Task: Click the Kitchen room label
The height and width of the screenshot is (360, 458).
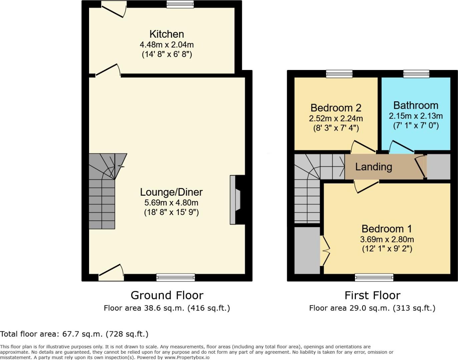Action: [166, 34]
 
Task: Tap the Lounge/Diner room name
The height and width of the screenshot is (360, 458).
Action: [171, 192]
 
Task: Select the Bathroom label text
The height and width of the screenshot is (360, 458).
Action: [416, 105]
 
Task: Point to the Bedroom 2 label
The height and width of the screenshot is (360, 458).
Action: [336, 108]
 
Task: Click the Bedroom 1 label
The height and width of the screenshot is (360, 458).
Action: [387, 229]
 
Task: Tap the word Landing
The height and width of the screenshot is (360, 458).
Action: [373, 167]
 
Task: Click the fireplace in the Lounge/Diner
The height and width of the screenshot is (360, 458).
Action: [236, 200]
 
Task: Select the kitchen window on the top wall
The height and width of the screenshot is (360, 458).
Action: [180, 4]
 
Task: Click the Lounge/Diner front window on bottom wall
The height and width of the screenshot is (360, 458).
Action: [175, 277]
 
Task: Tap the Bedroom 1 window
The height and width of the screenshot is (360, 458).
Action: [374, 277]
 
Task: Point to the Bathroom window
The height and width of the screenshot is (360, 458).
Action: [416, 74]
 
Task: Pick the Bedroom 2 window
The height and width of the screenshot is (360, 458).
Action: [339, 74]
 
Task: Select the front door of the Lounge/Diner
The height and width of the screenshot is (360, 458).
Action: [111, 272]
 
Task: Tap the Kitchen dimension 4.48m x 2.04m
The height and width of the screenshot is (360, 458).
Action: [166, 44]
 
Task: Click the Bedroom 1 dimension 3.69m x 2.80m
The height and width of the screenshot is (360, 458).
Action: [387, 239]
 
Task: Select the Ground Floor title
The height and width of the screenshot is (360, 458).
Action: [167, 295]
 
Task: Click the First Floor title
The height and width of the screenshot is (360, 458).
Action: [372, 295]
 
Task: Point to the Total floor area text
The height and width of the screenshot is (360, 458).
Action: [74, 334]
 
